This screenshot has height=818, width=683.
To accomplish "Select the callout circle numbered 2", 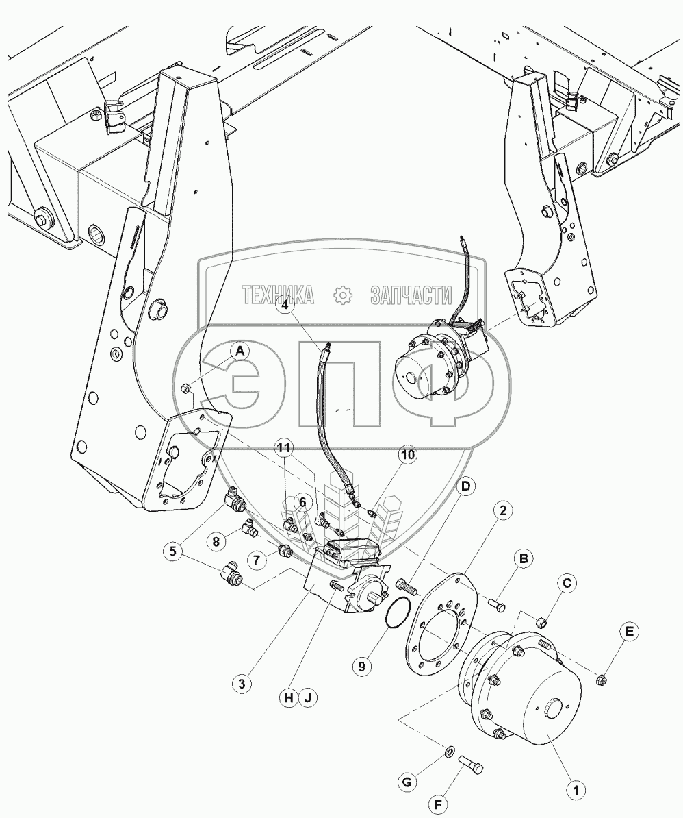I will [503, 510].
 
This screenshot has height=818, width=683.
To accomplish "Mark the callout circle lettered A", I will [240, 352].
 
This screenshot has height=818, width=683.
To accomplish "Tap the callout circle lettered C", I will [567, 584].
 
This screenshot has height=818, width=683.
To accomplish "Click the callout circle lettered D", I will [465, 486].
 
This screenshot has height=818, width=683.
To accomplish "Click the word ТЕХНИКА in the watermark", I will [278, 295].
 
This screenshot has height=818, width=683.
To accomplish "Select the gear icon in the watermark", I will [341, 295].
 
